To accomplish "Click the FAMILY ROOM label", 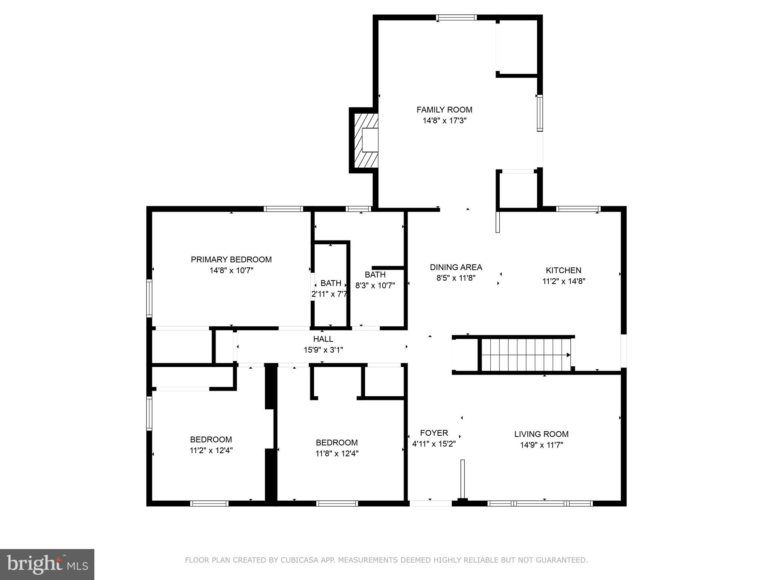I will tap(444, 110).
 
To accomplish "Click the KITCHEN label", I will tap(564, 270).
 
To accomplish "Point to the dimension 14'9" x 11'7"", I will tap(541, 445).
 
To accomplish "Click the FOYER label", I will tap(434, 433).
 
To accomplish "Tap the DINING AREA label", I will tap(456, 267).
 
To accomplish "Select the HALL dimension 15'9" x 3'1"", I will tap(323, 350).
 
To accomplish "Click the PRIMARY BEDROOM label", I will tap(231, 259).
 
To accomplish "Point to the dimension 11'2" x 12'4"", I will tap(211, 450).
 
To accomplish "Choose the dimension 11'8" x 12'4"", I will tap(337, 454).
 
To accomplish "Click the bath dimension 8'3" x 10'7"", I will tap(375, 285).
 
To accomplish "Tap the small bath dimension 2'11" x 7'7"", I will tap(329, 294).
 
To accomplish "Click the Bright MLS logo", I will tap(47, 565).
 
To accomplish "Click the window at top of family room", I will tap(456, 17).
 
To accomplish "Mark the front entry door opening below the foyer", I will tap(430, 503).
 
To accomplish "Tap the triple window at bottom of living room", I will tap(540, 503).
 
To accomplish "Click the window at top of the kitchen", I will tap(578, 208).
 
